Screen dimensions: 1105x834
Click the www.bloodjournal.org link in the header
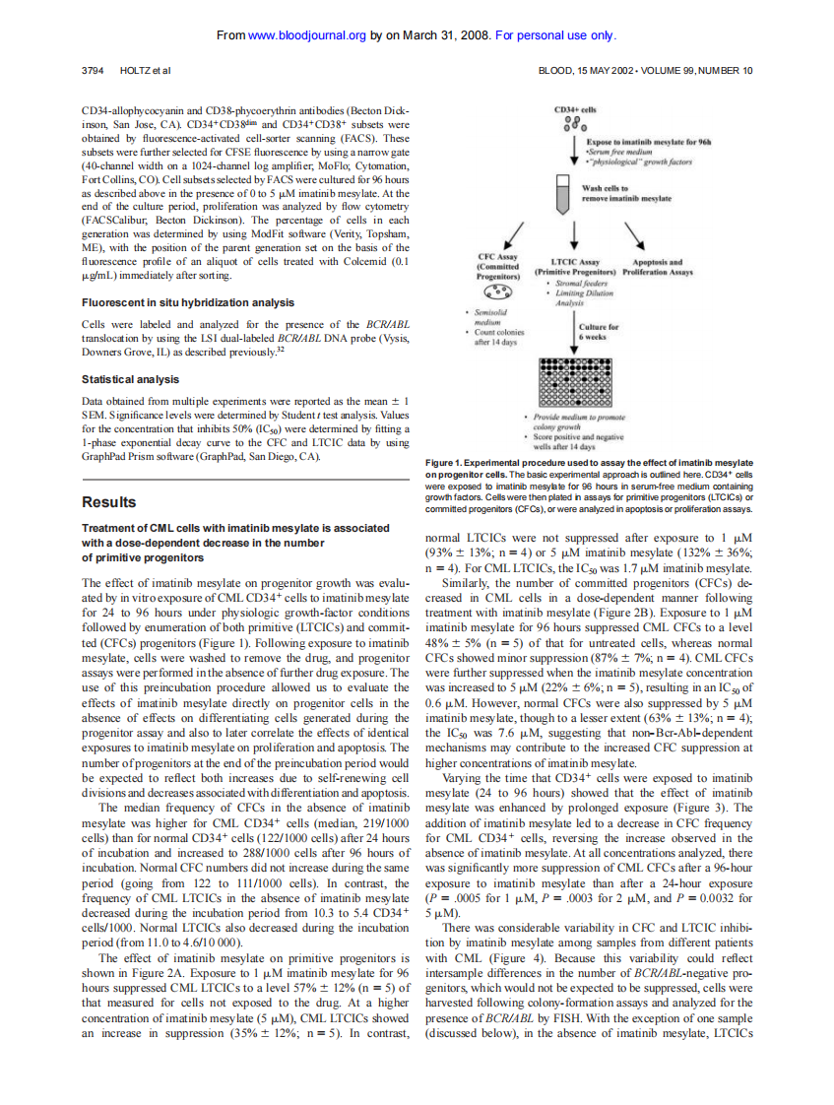(307, 36)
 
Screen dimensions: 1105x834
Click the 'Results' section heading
(108, 502)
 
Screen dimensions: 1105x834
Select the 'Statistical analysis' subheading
(130, 379)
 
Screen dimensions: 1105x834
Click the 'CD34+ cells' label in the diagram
(574, 109)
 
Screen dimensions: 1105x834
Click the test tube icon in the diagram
(563, 193)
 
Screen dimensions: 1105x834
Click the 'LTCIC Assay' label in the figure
(574, 262)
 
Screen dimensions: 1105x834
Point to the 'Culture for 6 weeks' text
(599, 332)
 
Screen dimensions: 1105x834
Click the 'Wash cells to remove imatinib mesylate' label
(626, 193)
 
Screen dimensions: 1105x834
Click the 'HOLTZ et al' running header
(145, 71)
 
